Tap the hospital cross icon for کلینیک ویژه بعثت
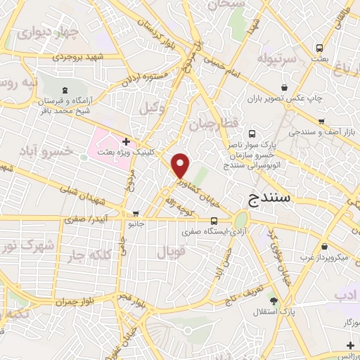(x=126, y=142)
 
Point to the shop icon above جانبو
(x=136, y=214)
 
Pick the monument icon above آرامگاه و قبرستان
(x=65, y=90)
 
